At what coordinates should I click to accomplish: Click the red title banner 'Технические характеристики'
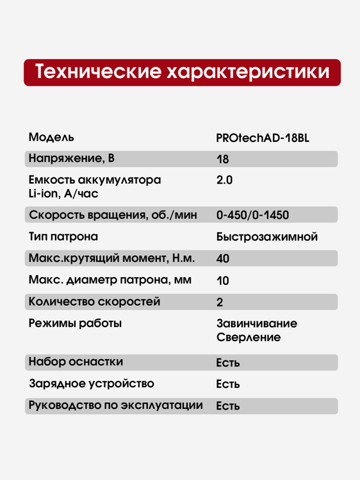click(182, 72)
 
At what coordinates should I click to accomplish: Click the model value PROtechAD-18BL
click(263, 138)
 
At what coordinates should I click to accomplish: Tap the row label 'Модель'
click(51, 138)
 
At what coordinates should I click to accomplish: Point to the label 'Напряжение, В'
click(72, 159)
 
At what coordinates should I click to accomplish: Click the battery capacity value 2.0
click(224, 180)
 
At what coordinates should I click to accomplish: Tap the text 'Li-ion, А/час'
click(63, 193)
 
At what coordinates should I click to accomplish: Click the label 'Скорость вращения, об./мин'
click(113, 215)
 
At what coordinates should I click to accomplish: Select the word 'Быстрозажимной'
click(267, 237)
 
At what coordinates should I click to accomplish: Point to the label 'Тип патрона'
click(63, 237)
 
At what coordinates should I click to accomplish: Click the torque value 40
click(223, 259)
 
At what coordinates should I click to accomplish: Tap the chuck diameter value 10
click(222, 281)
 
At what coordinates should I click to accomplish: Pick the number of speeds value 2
click(220, 302)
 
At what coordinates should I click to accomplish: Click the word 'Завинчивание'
click(257, 323)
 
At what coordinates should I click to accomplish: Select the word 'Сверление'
click(249, 338)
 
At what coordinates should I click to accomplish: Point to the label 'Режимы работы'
click(75, 323)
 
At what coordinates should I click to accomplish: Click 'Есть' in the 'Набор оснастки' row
click(227, 363)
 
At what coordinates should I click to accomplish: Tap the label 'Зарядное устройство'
click(92, 384)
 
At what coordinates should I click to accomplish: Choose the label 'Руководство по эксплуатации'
click(115, 405)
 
